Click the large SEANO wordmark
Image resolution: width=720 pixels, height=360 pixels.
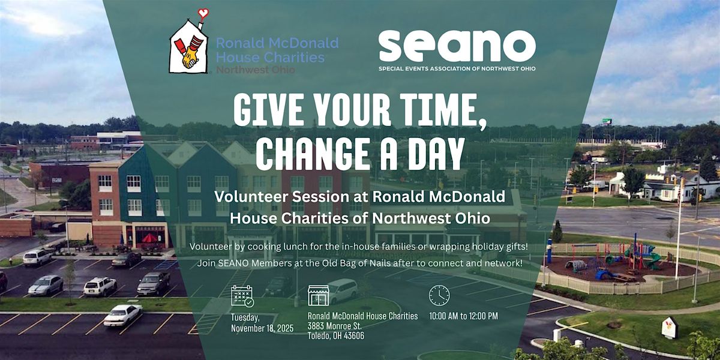[x=457, y=46]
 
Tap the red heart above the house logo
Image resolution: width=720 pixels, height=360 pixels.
[x=203, y=12]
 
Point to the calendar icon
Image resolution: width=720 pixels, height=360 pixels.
[x=242, y=296]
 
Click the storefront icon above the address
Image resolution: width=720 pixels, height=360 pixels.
[x=319, y=295]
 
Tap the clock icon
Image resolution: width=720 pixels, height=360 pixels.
[x=439, y=295]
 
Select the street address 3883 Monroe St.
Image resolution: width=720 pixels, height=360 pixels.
[x=334, y=326]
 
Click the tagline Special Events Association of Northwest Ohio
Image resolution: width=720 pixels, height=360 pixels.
[x=457, y=68]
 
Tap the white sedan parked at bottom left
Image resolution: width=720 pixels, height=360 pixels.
[x=123, y=314]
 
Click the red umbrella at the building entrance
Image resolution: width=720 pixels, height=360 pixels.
[x=149, y=238]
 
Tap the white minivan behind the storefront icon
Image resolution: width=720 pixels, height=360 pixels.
[x=342, y=290]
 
